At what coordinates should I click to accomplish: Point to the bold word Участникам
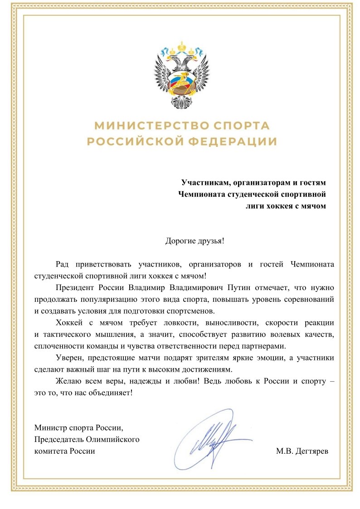point(203,183)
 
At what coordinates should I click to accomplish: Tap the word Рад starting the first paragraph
point(63,264)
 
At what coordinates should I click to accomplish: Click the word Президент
point(74,287)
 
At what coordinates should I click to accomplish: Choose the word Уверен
point(68,358)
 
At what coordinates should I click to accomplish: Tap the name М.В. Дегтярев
point(302,451)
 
